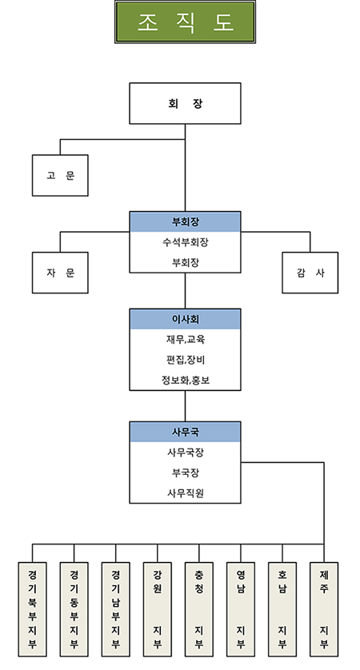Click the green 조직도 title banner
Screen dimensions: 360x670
click(x=185, y=22)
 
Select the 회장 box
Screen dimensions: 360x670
click(x=185, y=103)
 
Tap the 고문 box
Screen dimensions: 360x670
click(x=60, y=175)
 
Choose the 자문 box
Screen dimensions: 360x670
click(x=60, y=273)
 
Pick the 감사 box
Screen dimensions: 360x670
click(x=310, y=273)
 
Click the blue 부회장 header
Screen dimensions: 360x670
click(x=185, y=221)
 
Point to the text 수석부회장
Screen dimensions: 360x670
click(x=185, y=242)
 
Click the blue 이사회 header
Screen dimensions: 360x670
click(x=185, y=319)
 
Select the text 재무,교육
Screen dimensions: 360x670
click(x=185, y=339)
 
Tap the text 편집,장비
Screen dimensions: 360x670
click(x=185, y=360)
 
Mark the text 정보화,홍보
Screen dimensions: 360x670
click(x=185, y=380)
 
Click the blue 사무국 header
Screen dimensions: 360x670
click(x=185, y=432)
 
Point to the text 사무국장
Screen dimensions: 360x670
click(x=185, y=452)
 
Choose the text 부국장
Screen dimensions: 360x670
click(x=185, y=473)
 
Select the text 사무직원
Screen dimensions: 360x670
click(x=185, y=493)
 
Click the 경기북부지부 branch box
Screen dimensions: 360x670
click(x=32, y=609)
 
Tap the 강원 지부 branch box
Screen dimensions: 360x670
click(x=158, y=609)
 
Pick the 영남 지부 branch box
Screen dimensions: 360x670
click(x=241, y=609)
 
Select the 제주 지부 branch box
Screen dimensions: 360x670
click(x=324, y=609)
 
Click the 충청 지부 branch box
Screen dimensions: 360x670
click(x=199, y=609)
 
